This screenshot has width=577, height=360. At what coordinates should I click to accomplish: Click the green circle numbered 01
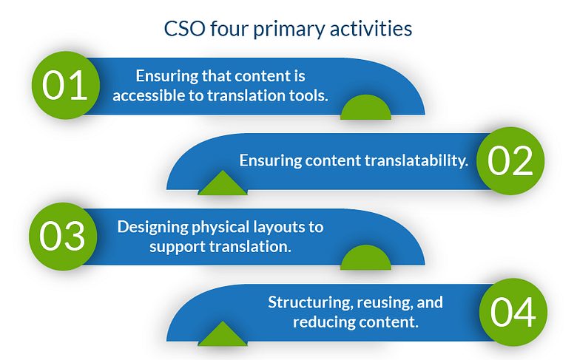[66, 85]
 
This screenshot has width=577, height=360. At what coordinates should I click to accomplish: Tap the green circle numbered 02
[510, 160]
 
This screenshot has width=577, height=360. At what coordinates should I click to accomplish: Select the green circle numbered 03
[63, 237]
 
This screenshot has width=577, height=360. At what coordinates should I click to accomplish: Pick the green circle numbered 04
[513, 312]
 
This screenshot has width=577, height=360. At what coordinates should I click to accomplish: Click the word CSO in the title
[184, 29]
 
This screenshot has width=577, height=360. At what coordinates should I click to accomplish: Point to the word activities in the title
[371, 29]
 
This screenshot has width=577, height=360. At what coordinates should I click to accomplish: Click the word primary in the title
[289, 30]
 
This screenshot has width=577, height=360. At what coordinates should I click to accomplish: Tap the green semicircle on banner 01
[365, 107]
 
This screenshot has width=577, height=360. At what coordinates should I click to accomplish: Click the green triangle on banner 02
[223, 183]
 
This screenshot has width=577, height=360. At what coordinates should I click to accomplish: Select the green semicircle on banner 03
[365, 258]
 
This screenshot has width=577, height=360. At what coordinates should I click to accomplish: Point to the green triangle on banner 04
[223, 335]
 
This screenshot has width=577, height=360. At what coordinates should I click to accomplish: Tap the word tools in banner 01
[308, 95]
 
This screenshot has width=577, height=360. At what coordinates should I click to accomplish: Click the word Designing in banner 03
[152, 227]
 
